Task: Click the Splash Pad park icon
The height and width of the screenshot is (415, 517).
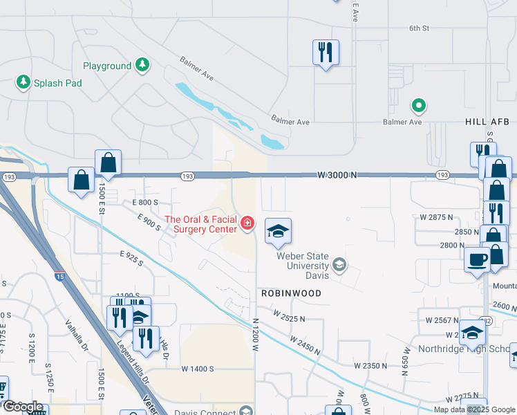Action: click(23, 83)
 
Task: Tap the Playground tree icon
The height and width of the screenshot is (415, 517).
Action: click(142, 66)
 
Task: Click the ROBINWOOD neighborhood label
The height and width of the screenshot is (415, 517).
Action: click(291, 293)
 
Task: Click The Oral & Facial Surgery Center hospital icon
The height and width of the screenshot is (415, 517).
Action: click(247, 223)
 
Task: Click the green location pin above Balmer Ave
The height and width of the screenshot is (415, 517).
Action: click(418, 106)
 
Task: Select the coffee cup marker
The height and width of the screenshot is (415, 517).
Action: click(476, 259)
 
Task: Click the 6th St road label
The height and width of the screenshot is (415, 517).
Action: click(419, 28)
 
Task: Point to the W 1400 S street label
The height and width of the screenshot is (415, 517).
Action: click(198, 369)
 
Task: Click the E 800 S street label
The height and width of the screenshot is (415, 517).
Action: click(145, 202)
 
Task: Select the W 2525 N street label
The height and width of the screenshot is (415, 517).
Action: click(288, 317)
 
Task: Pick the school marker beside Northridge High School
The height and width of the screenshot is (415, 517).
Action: click(473, 333)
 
